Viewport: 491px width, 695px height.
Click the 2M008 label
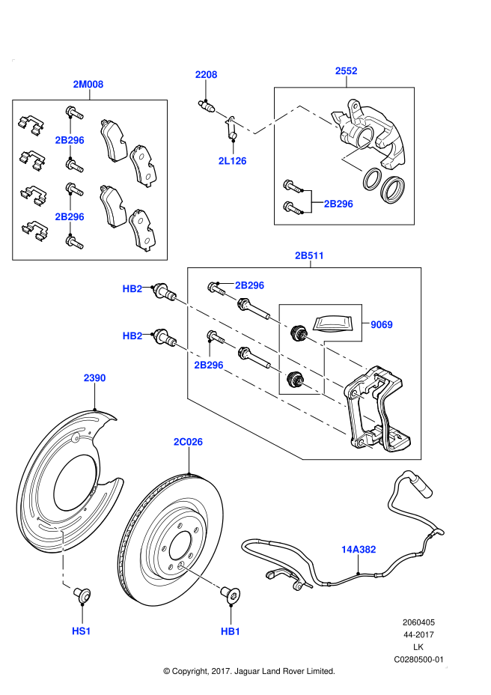88,85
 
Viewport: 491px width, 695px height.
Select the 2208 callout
206,75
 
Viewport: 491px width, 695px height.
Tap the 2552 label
346,71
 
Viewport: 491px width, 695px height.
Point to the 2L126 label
232,161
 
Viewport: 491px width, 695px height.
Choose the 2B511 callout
309,255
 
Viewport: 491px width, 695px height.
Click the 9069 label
381,324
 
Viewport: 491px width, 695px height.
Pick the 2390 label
94,378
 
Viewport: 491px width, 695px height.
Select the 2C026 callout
188,442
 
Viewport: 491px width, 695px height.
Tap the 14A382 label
359,550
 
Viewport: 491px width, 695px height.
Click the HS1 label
82,631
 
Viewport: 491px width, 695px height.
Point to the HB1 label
231,631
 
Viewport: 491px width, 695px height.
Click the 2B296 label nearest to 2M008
70,140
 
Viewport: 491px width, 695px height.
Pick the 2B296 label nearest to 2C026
209,365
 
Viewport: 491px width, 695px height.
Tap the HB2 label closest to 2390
132,336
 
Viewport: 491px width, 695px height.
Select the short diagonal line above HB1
200,576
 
